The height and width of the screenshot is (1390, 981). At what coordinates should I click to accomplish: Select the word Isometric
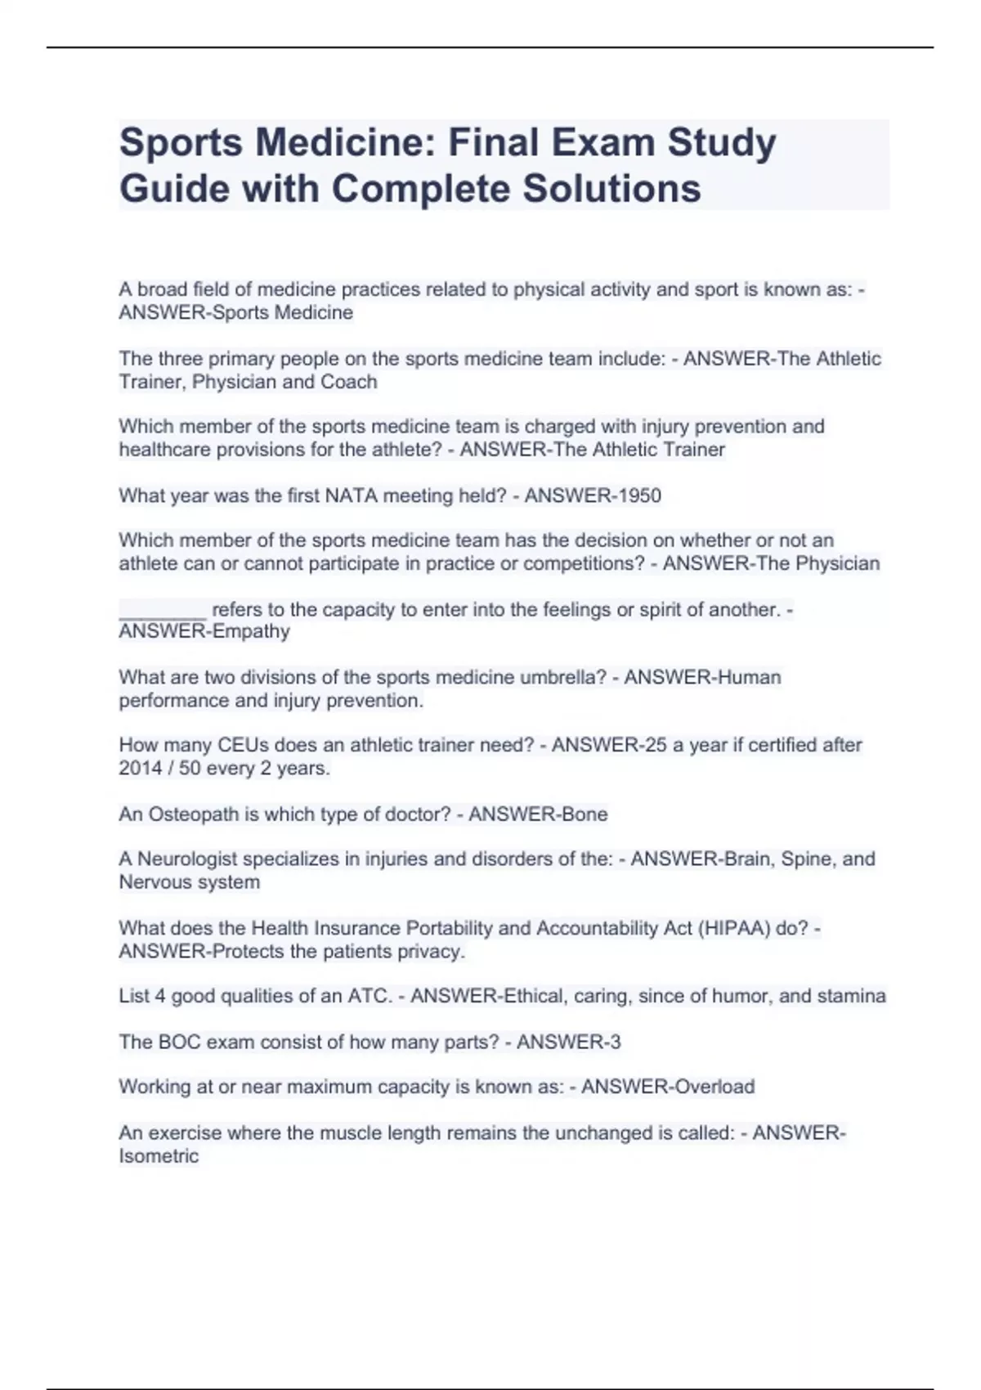159,1156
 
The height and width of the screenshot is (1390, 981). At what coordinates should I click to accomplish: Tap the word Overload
709,1087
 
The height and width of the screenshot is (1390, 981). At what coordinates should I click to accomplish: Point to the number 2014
140,769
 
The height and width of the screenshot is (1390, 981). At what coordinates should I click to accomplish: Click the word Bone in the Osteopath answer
585,814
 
